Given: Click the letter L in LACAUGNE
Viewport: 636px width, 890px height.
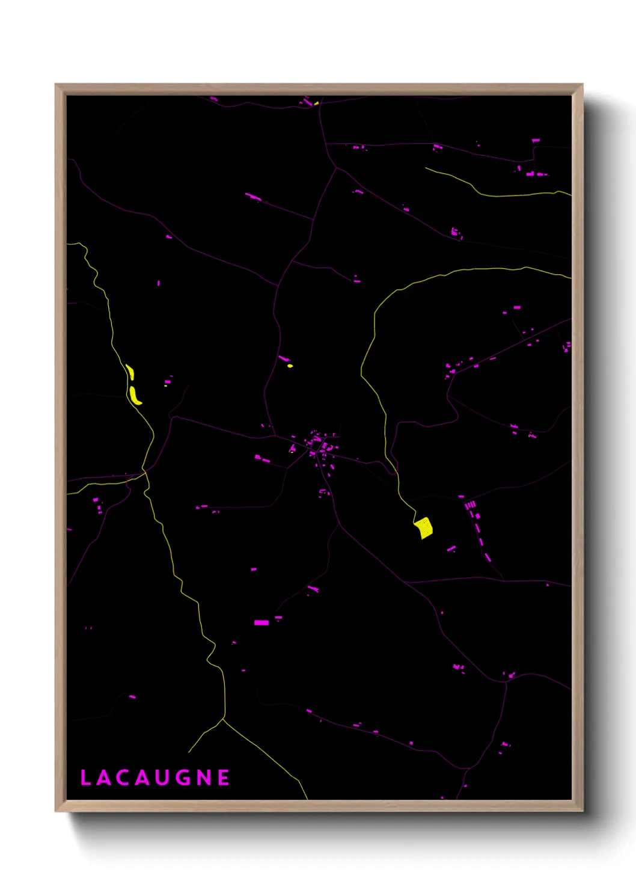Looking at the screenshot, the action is [85, 778].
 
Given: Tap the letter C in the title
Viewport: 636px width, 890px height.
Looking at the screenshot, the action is [120, 778].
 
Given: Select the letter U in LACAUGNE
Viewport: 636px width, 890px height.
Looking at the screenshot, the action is [161, 778].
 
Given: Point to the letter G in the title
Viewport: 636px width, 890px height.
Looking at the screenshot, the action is [183, 778].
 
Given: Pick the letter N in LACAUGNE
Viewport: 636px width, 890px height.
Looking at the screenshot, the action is [204, 778].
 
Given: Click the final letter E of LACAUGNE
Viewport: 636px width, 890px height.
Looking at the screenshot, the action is [224, 778].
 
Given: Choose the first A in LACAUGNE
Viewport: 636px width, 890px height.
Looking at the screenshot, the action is [102, 778].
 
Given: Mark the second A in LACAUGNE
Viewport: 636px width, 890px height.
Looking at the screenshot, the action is [141, 778].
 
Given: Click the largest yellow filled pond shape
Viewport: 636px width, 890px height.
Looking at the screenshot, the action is [424, 527].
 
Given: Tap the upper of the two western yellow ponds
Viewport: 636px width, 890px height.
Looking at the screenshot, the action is [129, 372].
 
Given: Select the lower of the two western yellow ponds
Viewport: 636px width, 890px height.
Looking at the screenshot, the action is [135, 396].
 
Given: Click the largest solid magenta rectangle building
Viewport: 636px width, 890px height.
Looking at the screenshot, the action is [261, 622].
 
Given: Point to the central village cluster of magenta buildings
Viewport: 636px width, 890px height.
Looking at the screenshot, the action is [319, 445].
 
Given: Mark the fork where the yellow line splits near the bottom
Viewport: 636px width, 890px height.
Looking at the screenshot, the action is [224, 719].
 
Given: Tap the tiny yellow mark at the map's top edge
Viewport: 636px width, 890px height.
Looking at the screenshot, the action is [316, 103].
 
